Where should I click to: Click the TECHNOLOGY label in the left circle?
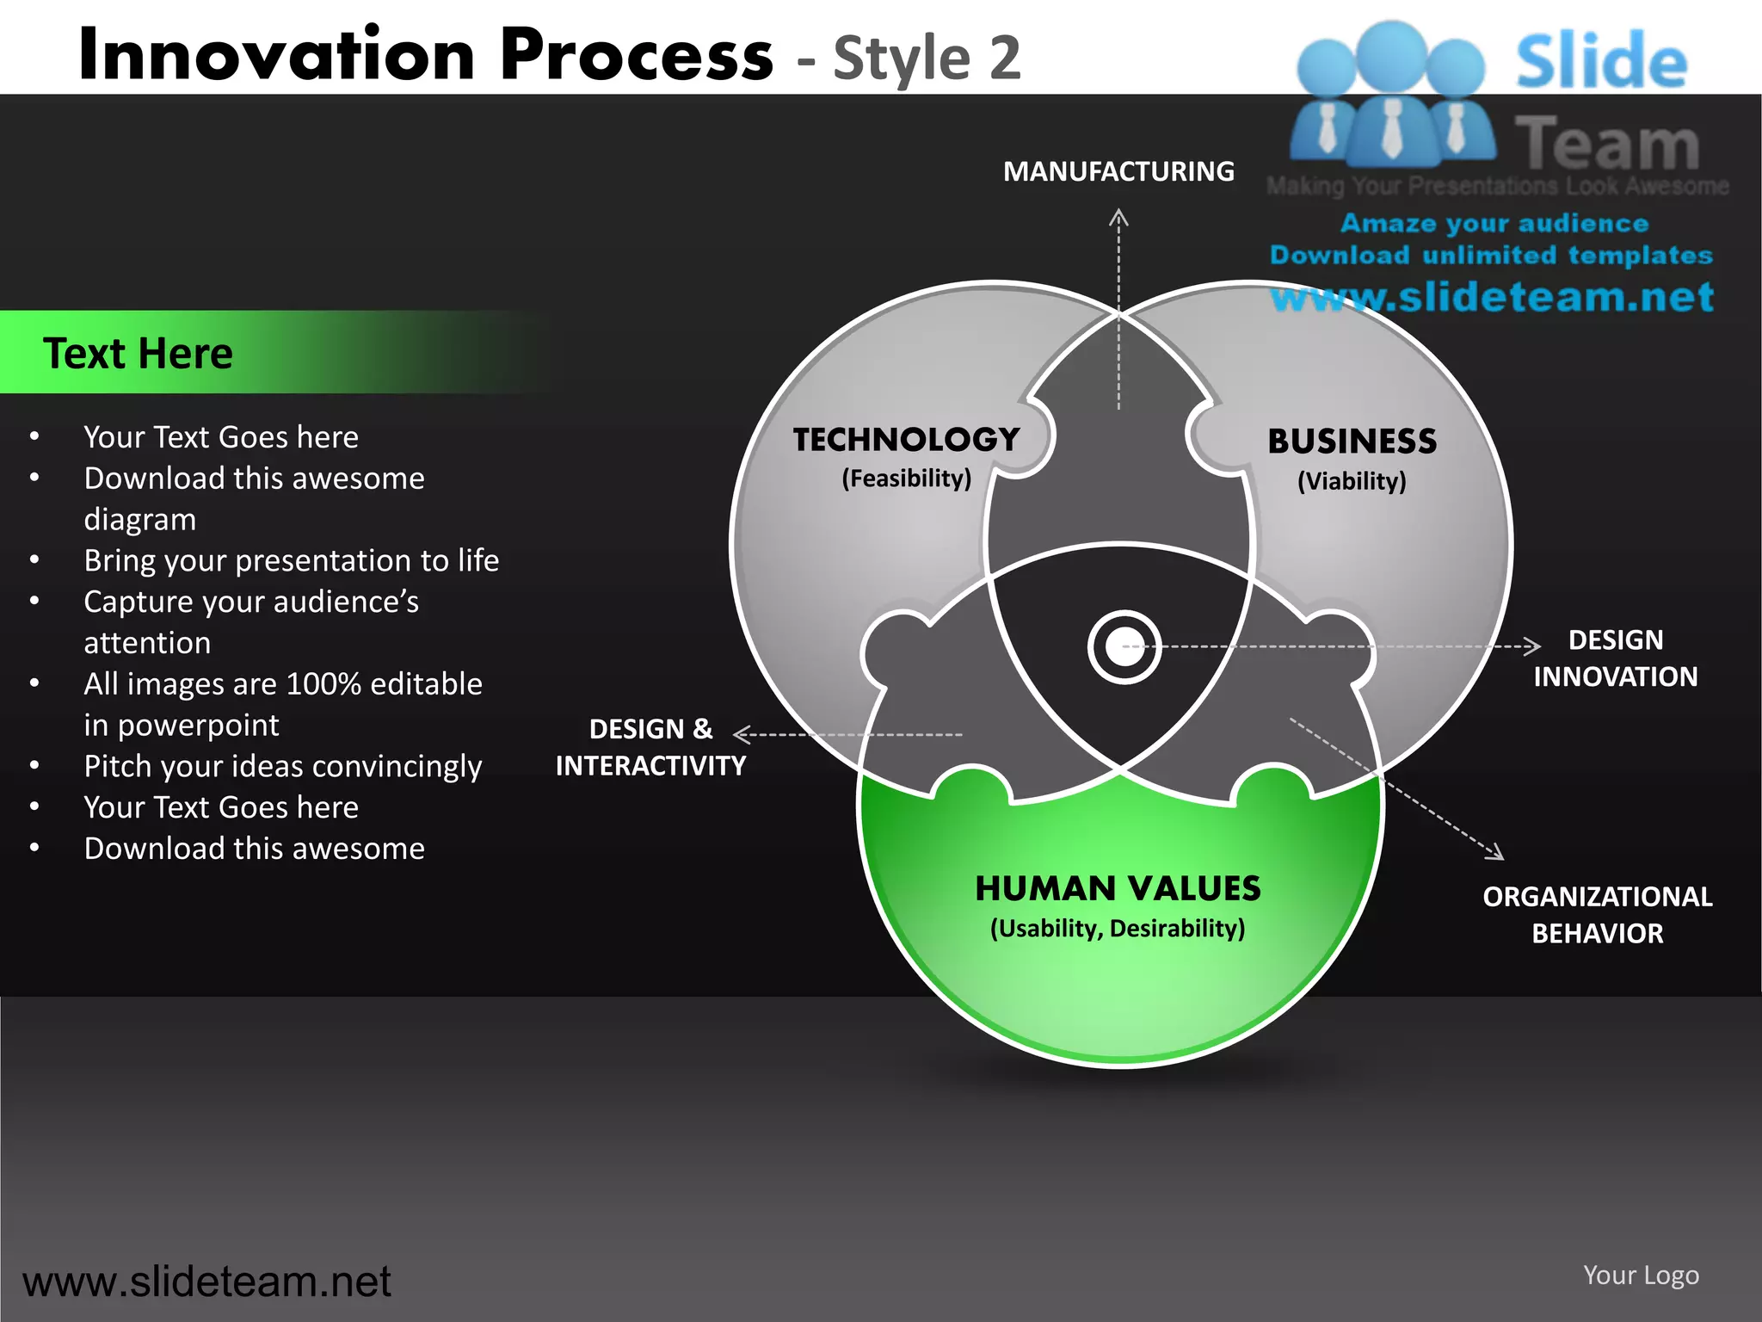[906, 440]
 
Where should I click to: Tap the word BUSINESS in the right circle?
[1352, 442]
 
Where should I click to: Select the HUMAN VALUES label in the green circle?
[1118, 888]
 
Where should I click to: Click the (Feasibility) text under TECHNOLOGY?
[906, 479]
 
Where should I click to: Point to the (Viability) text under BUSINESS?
[1352, 481]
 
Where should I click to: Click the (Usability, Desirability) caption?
[1118, 929]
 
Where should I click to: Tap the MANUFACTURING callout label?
[1118, 171]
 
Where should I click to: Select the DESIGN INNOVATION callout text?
[1615, 658]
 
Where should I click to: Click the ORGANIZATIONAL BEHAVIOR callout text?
[1598, 914]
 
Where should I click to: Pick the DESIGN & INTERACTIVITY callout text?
[650, 747]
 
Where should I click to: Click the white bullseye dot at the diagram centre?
[1124, 647]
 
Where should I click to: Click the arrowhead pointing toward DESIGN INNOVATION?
[1532, 646]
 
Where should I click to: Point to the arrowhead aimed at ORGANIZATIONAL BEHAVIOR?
[1496, 852]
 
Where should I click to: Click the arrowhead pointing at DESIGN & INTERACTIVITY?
[742, 734]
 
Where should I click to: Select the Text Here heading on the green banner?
[138, 353]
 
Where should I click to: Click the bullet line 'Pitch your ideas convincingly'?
[282, 766]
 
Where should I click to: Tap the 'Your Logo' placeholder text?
[1641, 1275]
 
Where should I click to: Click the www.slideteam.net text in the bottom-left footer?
[206, 1281]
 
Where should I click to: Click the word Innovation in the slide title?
[275, 55]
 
